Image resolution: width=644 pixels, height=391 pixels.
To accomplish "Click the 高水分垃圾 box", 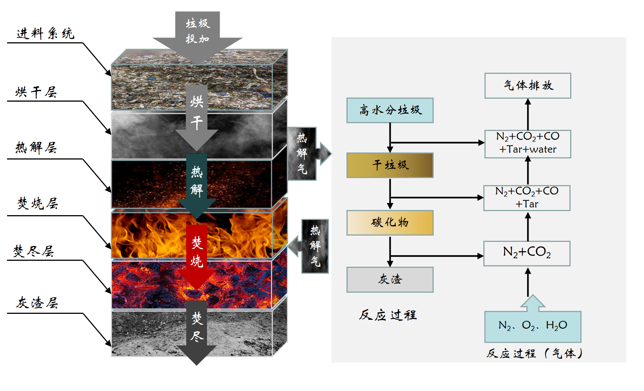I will click(x=390, y=110).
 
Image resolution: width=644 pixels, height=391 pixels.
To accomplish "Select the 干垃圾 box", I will click(x=390, y=165).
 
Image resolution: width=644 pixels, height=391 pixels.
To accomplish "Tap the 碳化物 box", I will click(x=390, y=223).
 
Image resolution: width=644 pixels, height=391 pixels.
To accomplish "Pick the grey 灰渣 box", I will click(x=390, y=279).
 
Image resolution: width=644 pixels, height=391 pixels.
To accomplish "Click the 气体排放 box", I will click(x=528, y=86).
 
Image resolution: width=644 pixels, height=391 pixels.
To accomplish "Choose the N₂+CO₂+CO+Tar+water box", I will click(x=528, y=144).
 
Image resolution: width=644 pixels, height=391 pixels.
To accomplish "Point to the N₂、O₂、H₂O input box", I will click(x=532, y=326).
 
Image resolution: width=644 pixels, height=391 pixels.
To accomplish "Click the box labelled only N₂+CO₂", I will click(x=527, y=253).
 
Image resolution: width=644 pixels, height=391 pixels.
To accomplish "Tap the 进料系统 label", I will click(x=45, y=34).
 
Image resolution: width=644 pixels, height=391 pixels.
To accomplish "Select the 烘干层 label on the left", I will click(x=36, y=92).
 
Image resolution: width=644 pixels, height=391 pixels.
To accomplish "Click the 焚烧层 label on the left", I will click(x=37, y=203).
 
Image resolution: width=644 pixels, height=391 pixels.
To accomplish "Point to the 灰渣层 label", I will click(x=37, y=303).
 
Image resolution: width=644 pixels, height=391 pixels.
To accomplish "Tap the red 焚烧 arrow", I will click(x=197, y=252).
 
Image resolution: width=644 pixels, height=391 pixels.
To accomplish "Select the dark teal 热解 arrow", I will click(x=197, y=182).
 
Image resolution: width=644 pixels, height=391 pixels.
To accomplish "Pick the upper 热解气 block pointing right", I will click(x=302, y=154).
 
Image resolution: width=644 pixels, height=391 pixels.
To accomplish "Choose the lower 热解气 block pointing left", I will click(x=315, y=246).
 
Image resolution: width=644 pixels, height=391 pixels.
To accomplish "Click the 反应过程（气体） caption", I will click(x=534, y=354).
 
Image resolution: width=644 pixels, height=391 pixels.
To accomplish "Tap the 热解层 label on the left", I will click(x=36, y=148).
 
